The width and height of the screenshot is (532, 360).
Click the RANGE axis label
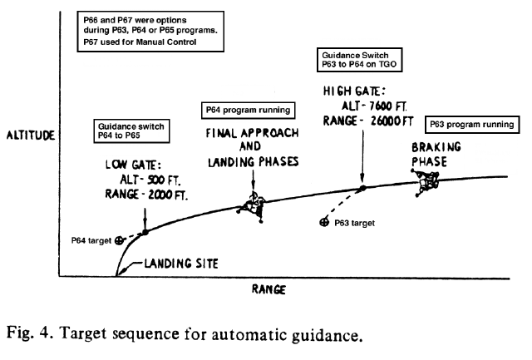pos(268,289)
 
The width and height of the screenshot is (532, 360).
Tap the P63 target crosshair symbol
pos(323,223)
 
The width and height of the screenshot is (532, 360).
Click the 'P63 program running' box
pos(471,125)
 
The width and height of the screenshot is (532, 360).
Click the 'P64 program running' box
pos(247,110)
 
